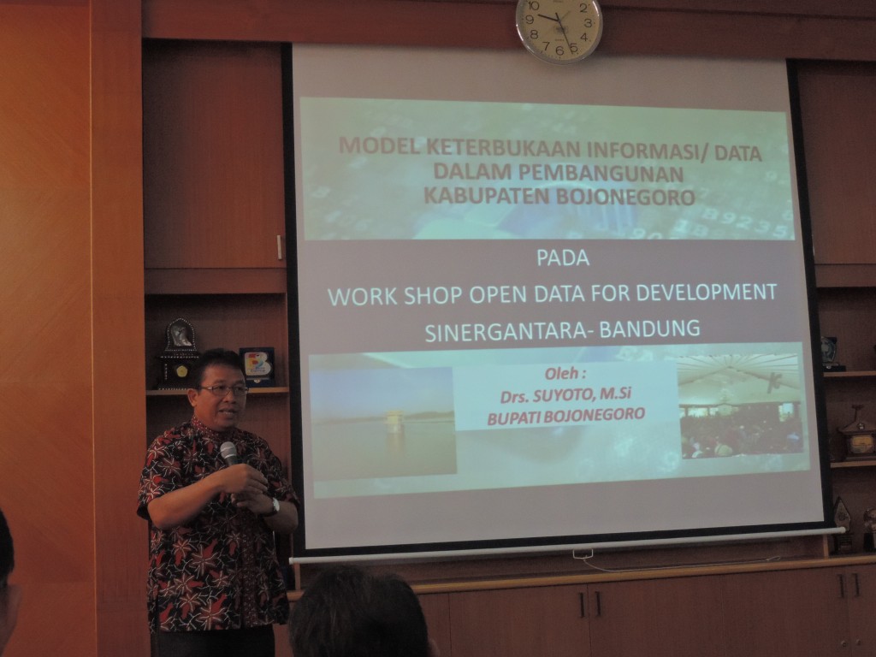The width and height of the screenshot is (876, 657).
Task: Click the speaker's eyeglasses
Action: click(x=222, y=389)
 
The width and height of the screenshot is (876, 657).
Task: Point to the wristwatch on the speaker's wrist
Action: click(x=274, y=506)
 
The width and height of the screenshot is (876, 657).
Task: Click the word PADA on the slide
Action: click(x=563, y=258)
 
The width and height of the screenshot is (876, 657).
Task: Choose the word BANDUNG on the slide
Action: click(x=650, y=328)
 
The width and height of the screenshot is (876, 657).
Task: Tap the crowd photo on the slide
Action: click(x=742, y=406)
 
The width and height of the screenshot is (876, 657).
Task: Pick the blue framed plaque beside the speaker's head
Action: click(x=257, y=366)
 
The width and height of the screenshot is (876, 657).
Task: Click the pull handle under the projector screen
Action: click(x=583, y=554)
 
